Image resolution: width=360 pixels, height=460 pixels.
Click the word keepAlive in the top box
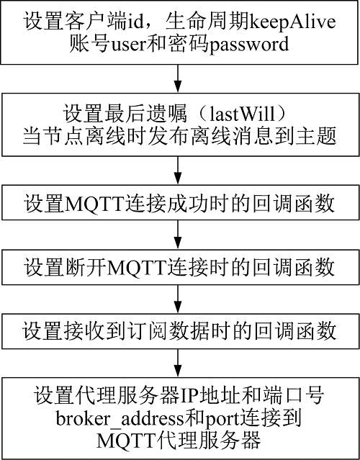click(293, 22)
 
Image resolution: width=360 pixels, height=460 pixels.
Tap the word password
click(249, 45)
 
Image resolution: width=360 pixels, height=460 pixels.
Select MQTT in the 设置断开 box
click(136, 267)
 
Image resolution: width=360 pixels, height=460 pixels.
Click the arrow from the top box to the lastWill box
click(178, 78)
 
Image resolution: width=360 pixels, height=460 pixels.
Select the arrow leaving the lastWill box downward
click(178, 171)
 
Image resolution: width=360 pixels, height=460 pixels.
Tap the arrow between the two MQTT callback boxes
click(178, 235)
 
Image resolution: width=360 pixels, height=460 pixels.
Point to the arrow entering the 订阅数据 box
click(178, 299)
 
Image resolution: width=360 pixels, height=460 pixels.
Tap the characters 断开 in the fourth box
click(84, 268)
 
